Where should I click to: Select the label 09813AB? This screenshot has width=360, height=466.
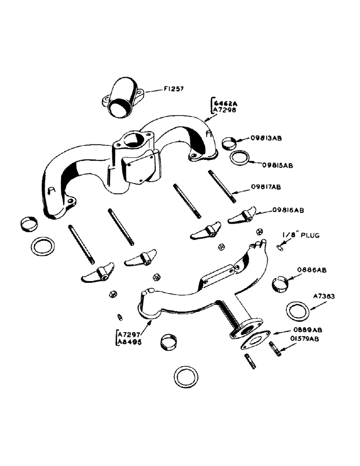[x=267, y=138]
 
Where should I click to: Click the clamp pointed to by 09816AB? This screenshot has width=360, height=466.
[x=242, y=216]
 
